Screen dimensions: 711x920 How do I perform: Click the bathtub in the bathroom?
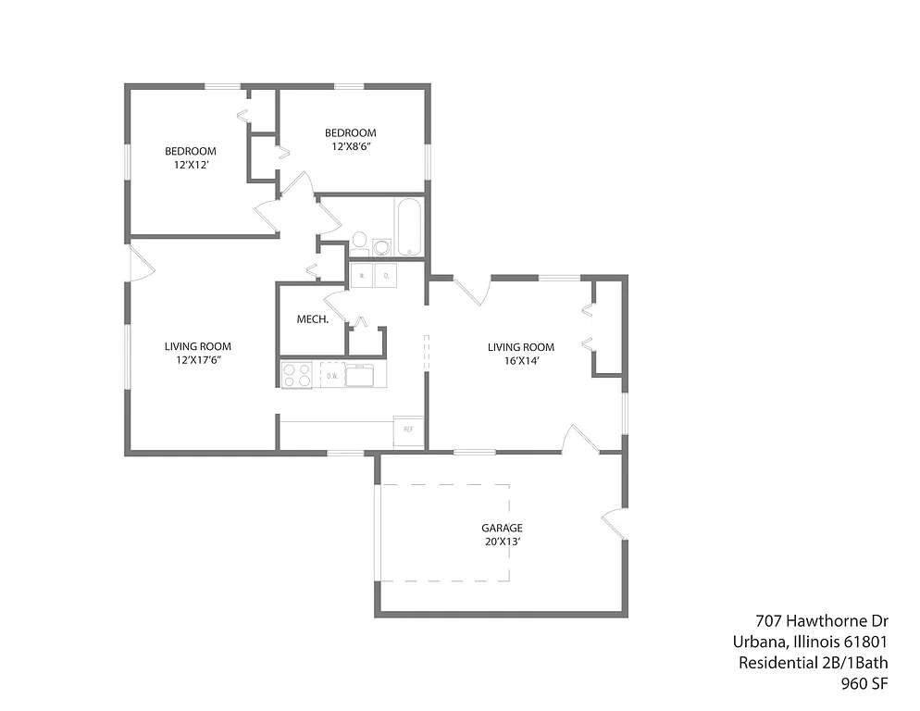[x=408, y=228]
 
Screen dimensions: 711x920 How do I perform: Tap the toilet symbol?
[x=359, y=243]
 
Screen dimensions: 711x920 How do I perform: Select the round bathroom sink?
[x=381, y=247]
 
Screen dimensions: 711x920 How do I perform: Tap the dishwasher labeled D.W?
[x=332, y=375]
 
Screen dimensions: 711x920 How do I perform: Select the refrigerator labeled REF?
[x=409, y=430]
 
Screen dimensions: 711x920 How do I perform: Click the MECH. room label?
[x=309, y=319]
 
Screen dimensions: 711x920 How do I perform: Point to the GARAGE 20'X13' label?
[x=501, y=534]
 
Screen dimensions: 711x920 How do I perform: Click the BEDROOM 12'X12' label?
[x=191, y=157]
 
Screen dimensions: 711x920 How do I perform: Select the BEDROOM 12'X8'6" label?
[x=351, y=139]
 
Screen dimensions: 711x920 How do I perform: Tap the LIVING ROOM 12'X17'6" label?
[x=198, y=353]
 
